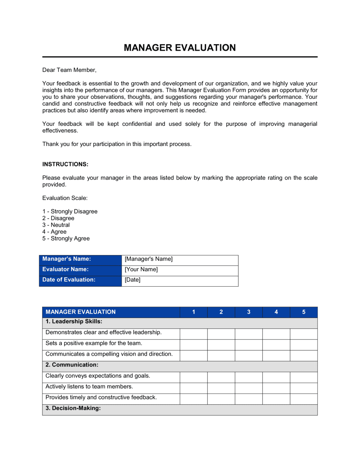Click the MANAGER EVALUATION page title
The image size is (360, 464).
[x=180, y=47]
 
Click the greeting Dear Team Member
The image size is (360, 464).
[x=69, y=70]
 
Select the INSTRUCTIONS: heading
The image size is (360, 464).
[x=65, y=164]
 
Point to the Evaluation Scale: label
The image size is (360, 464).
[x=65, y=198]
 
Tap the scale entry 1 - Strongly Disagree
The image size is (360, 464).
[x=70, y=211]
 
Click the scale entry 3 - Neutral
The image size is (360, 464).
[x=56, y=225]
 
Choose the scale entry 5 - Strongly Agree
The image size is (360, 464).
[x=66, y=238]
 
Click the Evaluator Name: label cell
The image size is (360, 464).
[x=80, y=269]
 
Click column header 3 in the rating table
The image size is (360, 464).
[x=248, y=312]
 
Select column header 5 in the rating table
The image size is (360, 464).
[x=303, y=312]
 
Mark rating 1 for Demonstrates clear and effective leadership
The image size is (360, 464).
[x=193, y=334]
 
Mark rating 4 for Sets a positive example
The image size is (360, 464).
[x=276, y=345]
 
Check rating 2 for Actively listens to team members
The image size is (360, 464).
[x=221, y=388]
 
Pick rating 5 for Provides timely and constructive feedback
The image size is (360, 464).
[x=303, y=399]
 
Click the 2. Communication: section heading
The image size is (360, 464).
[x=72, y=365]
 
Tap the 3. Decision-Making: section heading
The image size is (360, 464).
[x=73, y=408]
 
